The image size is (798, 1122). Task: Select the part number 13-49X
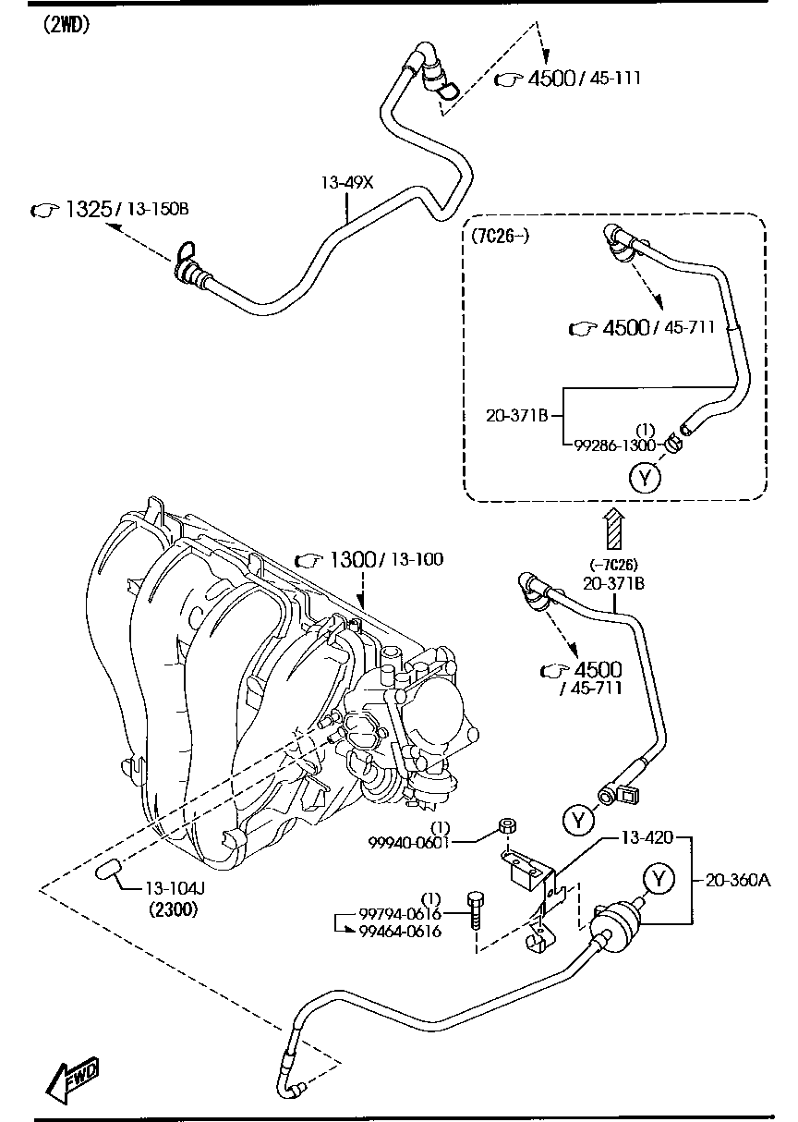point(346,183)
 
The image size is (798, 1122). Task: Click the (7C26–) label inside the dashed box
point(500,236)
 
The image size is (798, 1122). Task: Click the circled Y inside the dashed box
point(645,477)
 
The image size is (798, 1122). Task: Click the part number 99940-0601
point(408,842)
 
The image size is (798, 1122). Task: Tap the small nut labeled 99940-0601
point(506,825)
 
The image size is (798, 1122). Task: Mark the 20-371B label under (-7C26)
point(612,583)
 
